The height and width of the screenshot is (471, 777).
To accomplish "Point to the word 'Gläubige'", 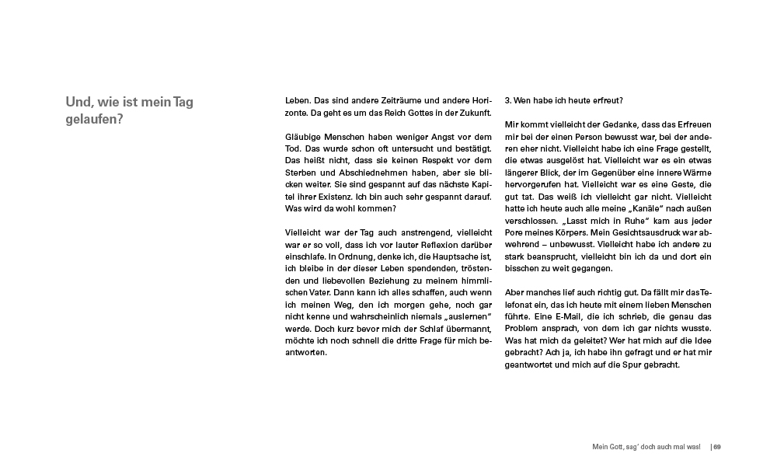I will tap(303, 138).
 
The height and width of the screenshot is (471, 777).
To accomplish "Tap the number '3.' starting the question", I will tap(509, 101).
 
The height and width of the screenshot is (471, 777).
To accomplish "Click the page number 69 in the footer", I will tap(717, 447).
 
